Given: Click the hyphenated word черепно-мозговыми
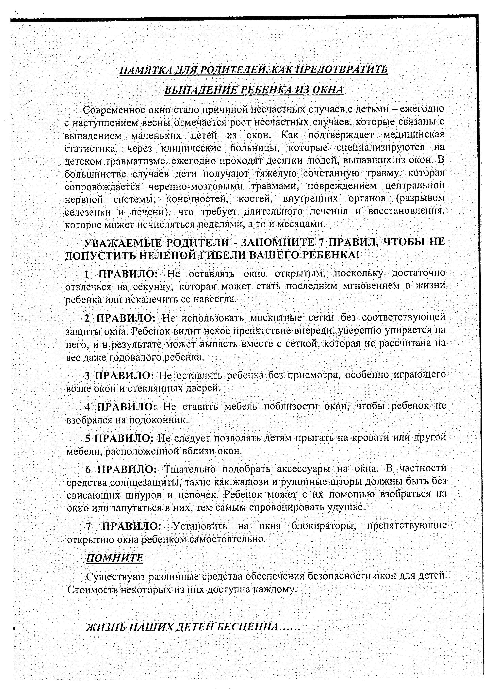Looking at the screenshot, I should pyautogui.click(x=196, y=186).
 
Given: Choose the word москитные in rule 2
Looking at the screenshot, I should pyautogui.click(x=276, y=318).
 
